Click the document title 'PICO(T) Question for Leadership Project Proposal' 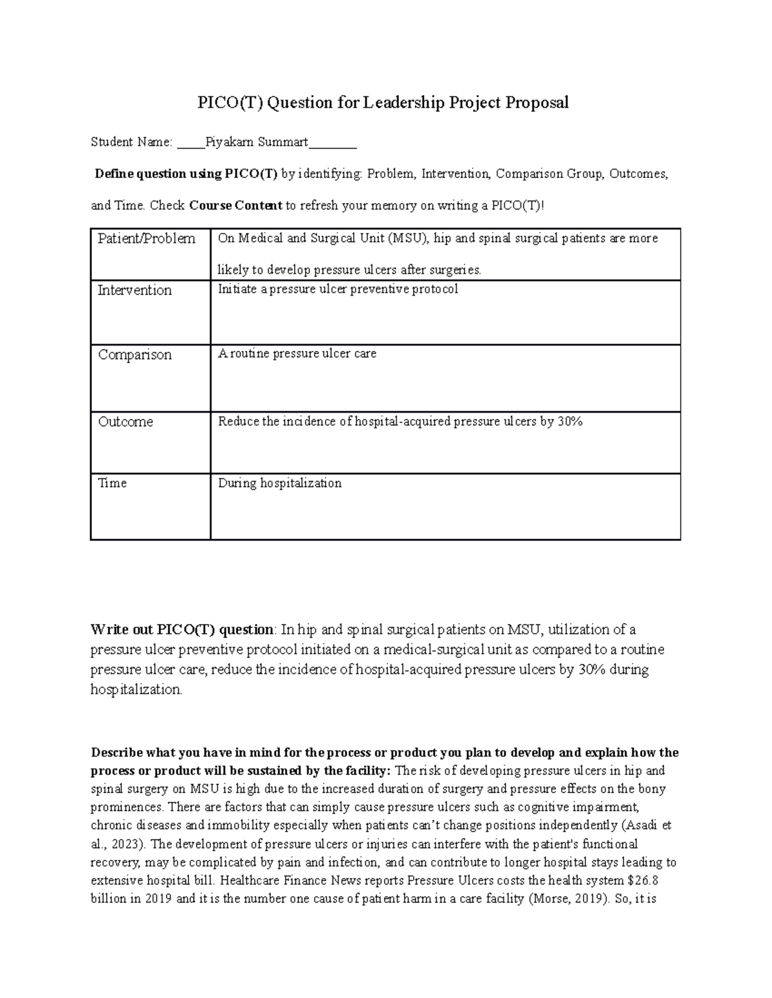383,103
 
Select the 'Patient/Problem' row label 146,238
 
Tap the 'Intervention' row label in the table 134,290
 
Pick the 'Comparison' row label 134,355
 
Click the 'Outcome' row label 125,422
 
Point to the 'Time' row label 112,483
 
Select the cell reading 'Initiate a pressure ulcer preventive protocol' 338,289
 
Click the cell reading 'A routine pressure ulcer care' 297,353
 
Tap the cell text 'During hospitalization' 280,483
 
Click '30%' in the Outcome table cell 570,422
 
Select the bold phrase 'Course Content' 235,206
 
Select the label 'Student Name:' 131,142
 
